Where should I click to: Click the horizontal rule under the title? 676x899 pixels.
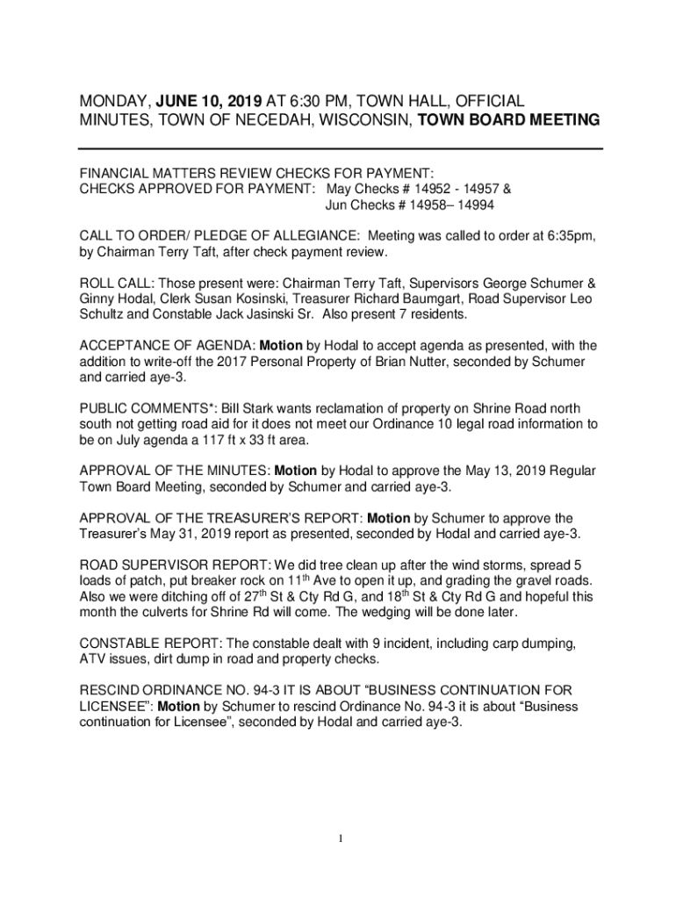[341, 148]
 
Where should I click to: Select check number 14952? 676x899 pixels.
[429, 189]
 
